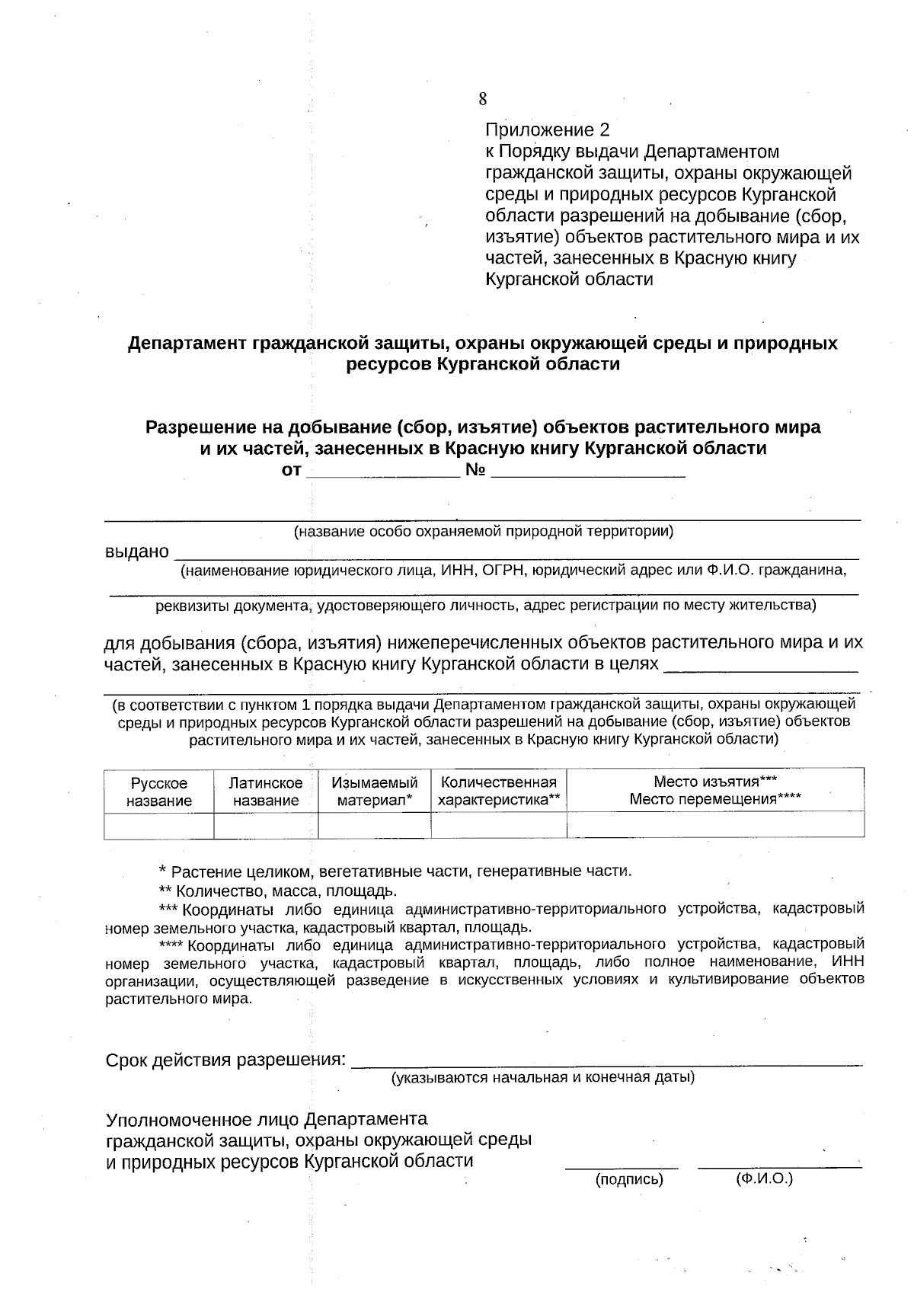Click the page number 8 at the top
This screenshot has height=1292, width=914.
point(483,99)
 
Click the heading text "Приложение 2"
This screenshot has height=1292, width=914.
point(547,130)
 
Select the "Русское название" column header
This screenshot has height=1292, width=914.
point(158,792)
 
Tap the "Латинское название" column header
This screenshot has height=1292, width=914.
point(266,792)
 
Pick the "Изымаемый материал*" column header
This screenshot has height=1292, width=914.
point(374,792)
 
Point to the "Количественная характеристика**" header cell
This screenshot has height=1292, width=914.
point(499,792)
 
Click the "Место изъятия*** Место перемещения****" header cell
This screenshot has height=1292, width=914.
point(715,790)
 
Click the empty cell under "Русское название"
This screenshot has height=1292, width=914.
point(158,825)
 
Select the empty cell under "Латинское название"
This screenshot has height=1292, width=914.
point(266,825)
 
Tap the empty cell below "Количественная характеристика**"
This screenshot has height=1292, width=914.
point(499,825)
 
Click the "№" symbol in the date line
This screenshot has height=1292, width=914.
point(475,471)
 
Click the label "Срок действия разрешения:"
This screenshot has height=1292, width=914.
point(225,1060)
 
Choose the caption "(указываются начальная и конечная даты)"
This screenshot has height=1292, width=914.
point(542,1078)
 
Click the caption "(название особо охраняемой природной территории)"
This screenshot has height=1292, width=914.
point(484,531)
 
